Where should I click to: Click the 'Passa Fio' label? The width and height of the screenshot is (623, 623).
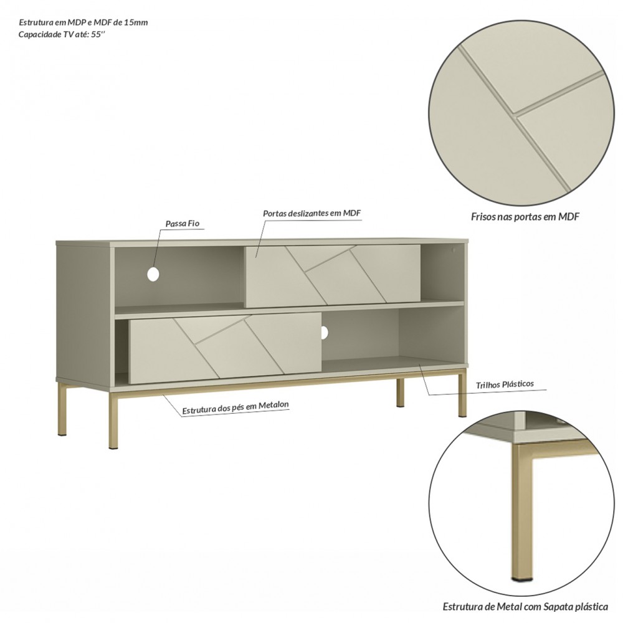[x=183, y=224]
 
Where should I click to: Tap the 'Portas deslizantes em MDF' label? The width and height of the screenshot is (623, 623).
[x=312, y=213]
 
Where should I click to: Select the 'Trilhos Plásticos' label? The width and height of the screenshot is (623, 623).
[x=505, y=384]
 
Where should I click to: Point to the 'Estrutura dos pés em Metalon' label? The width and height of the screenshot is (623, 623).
[x=235, y=407]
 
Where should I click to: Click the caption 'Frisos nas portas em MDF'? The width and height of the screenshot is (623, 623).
[x=525, y=217]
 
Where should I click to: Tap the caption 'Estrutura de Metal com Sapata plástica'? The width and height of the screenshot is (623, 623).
[x=525, y=607]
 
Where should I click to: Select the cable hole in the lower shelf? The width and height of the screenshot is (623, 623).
[x=324, y=332]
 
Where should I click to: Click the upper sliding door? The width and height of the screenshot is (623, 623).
[x=333, y=276]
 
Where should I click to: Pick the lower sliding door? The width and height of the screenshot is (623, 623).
[x=225, y=348]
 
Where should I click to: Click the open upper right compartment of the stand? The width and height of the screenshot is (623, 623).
[x=442, y=274]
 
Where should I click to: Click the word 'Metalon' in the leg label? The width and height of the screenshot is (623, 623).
[x=273, y=406]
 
